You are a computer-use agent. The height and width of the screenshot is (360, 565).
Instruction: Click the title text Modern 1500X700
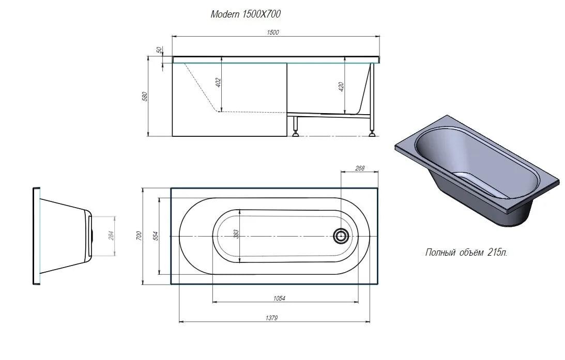click(x=246, y=14)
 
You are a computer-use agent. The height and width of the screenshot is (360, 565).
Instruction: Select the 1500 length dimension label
click(x=273, y=33)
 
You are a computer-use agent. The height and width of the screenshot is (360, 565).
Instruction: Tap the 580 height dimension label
click(x=145, y=97)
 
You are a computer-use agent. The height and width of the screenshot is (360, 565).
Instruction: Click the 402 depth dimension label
click(x=218, y=83)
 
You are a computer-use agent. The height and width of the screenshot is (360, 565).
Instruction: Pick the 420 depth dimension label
click(x=341, y=87)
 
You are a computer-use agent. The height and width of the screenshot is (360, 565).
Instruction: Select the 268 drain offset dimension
click(x=360, y=168)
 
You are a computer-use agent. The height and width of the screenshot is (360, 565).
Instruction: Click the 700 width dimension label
click(x=139, y=236)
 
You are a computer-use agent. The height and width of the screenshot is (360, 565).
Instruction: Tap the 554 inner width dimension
click(x=156, y=236)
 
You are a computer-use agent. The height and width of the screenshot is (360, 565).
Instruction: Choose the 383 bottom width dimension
click(x=236, y=234)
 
